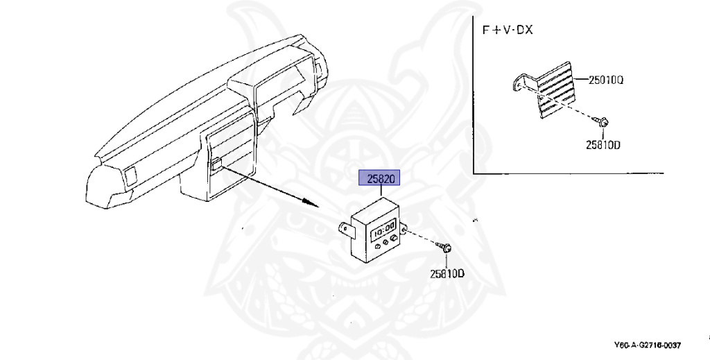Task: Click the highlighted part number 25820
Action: click(x=379, y=179)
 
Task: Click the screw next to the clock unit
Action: click(x=447, y=246)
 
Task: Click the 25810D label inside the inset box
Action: click(x=602, y=146)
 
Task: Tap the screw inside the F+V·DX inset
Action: click(x=603, y=122)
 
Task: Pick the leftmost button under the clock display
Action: click(x=373, y=243)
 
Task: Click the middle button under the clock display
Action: click(x=383, y=241)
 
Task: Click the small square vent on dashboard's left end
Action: click(x=129, y=175)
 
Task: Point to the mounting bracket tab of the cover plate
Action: click(x=517, y=83)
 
